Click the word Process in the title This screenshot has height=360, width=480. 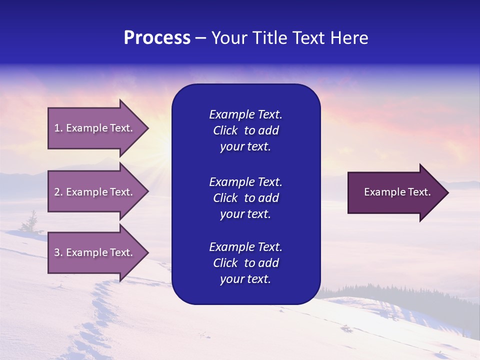pyautogui.click(x=157, y=38)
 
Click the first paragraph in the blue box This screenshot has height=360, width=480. pyautogui.click(x=245, y=130)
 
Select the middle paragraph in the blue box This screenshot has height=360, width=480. pyautogui.click(x=245, y=198)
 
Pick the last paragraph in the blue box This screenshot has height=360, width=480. pyautogui.click(x=245, y=263)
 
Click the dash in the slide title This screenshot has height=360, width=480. pyautogui.click(x=200, y=38)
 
